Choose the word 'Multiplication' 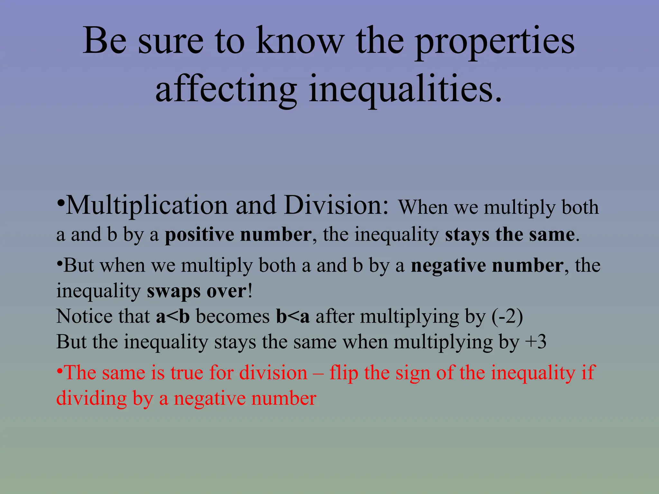click(147, 206)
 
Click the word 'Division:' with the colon click(337, 206)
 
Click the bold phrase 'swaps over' click(197, 291)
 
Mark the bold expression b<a click(293, 316)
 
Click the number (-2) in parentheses click(507, 316)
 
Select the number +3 click(535, 342)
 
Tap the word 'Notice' click(85, 316)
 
